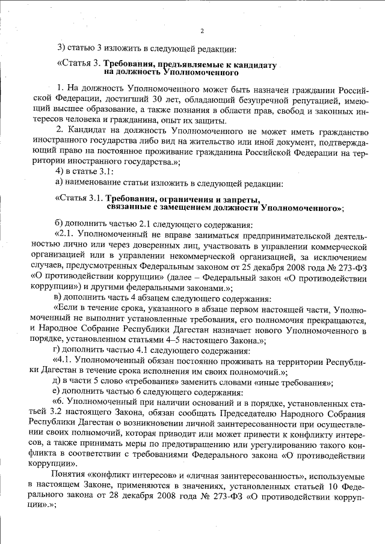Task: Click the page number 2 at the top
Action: point(202,31)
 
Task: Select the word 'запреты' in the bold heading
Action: point(241,198)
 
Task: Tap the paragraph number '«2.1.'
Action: point(65,236)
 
